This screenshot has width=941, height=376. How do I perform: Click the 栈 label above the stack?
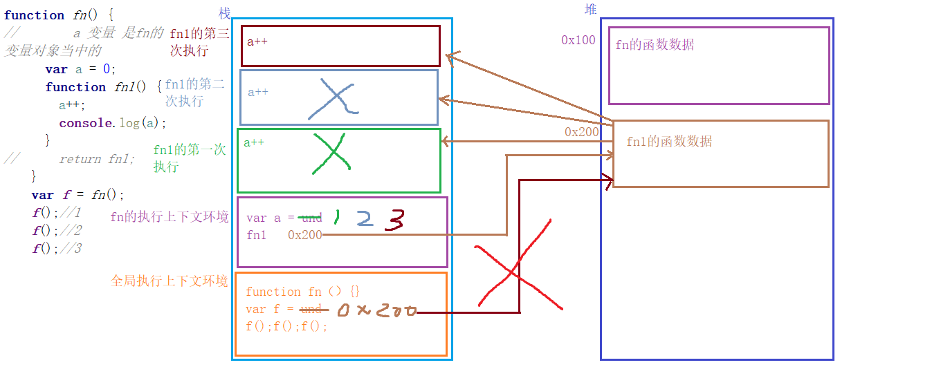click(x=224, y=13)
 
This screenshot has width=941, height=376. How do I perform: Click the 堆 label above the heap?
click(x=590, y=9)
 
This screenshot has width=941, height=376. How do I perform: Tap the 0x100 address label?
click(x=578, y=40)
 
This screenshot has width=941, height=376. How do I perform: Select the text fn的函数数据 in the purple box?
click(x=655, y=45)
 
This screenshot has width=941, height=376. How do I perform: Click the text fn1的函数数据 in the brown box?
click(x=668, y=142)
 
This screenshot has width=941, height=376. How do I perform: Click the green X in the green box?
click(x=331, y=153)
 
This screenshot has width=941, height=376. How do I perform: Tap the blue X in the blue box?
click(x=332, y=97)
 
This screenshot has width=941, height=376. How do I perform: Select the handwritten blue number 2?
click(x=364, y=219)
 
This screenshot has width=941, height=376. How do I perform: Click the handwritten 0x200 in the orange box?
click(x=377, y=311)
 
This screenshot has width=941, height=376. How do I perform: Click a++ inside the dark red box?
click(x=257, y=41)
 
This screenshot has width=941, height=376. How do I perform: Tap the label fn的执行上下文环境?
click(x=169, y=217)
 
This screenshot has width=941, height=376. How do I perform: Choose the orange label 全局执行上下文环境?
click(x=169, y=281)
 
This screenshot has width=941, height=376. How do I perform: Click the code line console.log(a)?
click(x=113, y=123)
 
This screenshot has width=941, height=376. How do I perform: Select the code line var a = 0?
click(x=80, y=69)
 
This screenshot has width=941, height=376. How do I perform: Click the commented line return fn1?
click(x=97, y=159)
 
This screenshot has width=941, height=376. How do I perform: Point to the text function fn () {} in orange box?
click(x=302, y=292)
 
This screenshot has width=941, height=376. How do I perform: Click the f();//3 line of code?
click(x=57, y=249)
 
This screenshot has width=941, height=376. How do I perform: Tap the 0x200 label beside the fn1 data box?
click(x=581, y=132)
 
